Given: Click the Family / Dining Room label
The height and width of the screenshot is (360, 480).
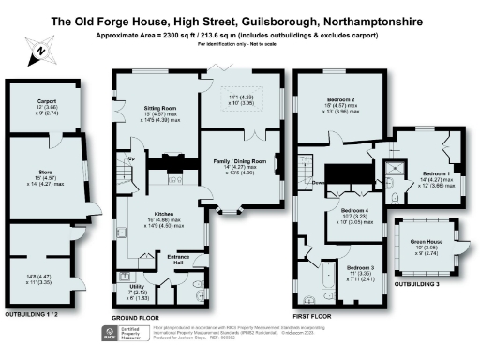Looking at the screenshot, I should (239, 161).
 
